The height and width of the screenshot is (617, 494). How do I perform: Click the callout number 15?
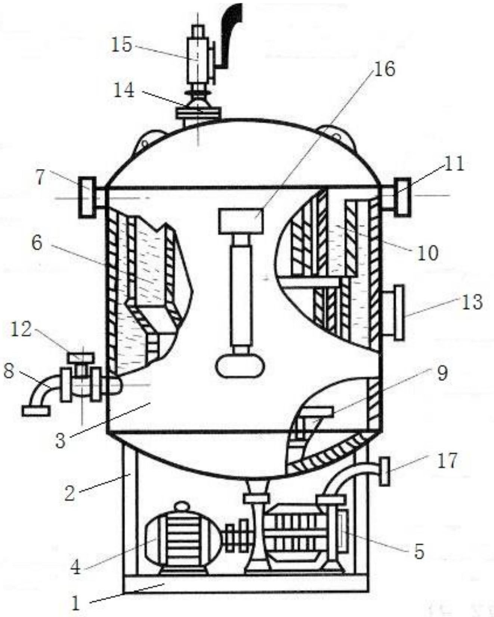coord(121,45)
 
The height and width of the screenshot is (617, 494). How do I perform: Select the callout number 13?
coord(472,302)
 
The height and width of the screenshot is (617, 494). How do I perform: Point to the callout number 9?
coord(442,373)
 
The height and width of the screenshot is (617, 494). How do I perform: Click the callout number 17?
coord(447,461)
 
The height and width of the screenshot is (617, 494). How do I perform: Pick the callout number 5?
coord(419,551)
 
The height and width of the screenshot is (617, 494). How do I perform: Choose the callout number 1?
coord(76,603)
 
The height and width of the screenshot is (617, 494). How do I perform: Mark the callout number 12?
coord(21,330)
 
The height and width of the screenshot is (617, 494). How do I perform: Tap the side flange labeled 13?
coord(399,313)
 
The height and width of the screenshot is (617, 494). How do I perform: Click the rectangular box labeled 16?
coord(241,221)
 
